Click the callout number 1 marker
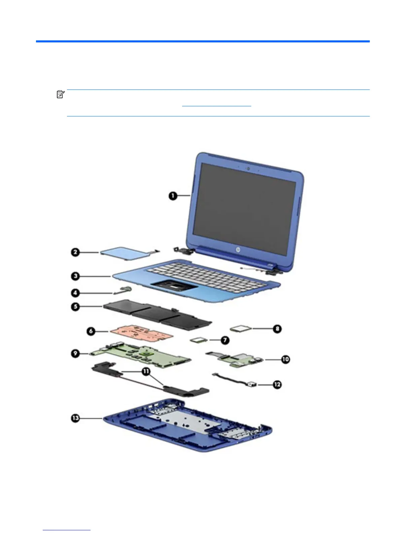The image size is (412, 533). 173,196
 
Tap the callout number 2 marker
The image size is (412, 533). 75,252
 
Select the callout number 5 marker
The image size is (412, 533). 75,307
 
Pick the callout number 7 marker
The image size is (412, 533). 225,341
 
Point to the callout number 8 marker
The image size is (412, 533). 277,329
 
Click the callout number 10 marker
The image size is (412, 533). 285,359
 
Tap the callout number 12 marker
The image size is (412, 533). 277,384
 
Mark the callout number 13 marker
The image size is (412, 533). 75,418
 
